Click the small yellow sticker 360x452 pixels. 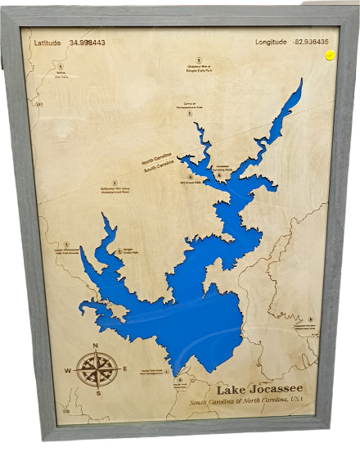click(329, 56)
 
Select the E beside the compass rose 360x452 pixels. click(124, 368)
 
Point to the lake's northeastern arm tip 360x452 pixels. click(300, 81)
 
